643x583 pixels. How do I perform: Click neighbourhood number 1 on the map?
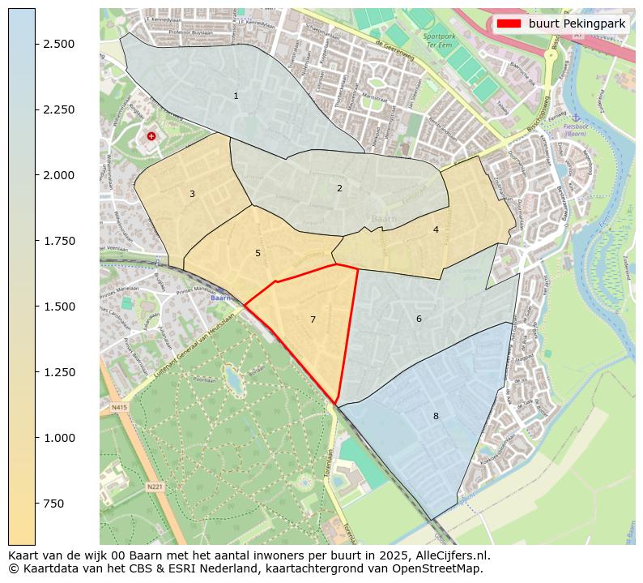point(236,96)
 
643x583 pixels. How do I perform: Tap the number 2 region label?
point(339,188)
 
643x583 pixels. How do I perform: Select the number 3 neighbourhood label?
point(192,194)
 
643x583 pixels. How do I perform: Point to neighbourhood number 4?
point(436,229)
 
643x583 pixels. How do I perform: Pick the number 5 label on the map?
point(258,253)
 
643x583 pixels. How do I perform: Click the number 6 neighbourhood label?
point(419,319)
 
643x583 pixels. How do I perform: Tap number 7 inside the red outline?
point(313,319)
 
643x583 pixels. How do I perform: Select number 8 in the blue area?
point(436,416)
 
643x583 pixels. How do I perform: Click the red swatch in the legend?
point(510,24)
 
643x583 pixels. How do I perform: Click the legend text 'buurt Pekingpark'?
point(577,24)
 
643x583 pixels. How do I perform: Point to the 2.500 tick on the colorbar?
point(60,44)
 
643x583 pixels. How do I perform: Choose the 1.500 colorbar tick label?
point(60,307)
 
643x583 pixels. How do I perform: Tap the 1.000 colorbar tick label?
point(60,438)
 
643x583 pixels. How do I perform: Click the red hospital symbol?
point(151,136)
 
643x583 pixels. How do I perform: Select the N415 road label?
point(120,407)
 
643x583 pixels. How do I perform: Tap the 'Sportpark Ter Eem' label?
point(440,41)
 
